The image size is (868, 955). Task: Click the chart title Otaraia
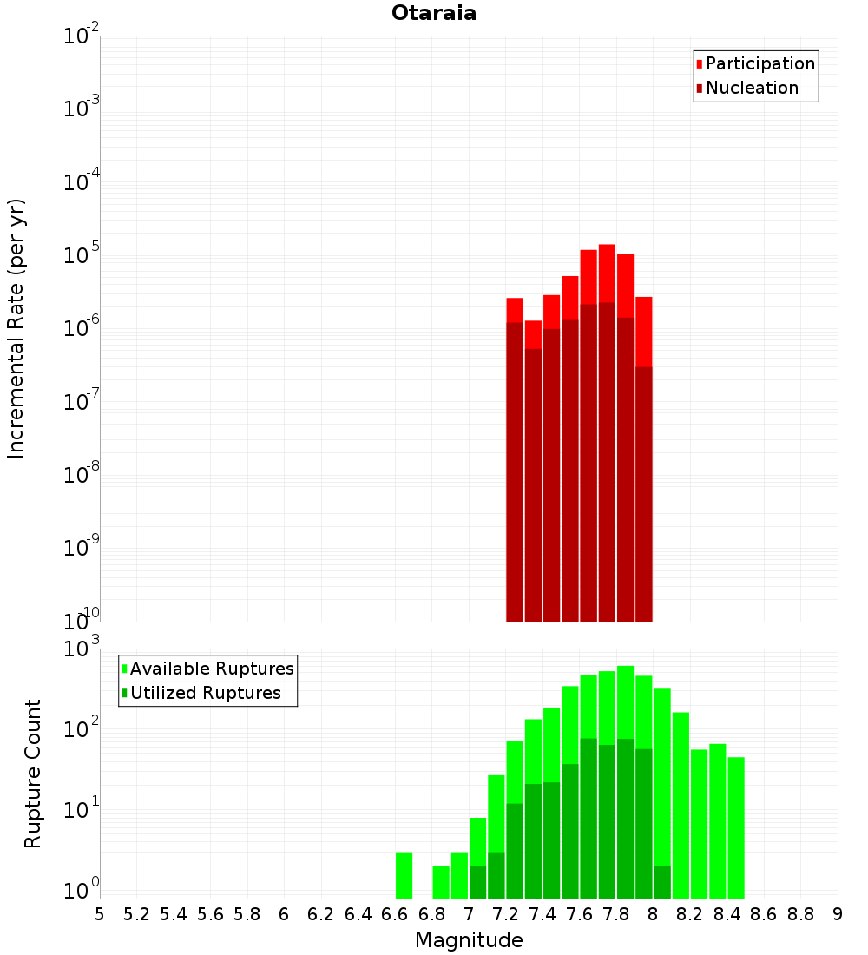[434, 13]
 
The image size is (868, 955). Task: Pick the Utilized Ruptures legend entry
[205, 693]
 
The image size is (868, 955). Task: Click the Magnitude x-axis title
[469, 940]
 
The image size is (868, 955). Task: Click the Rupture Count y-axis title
[33, 774]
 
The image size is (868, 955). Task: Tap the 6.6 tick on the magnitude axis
[395, 914]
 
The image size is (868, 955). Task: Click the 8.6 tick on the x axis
[764, 914]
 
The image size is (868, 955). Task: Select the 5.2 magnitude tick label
[136, 914]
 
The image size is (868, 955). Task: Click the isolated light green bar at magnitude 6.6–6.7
[404, 875]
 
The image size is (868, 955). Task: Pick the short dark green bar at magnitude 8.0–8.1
[662, 882]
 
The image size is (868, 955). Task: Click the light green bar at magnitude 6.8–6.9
[441, 882]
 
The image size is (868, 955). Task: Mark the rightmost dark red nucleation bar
[643, 495]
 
